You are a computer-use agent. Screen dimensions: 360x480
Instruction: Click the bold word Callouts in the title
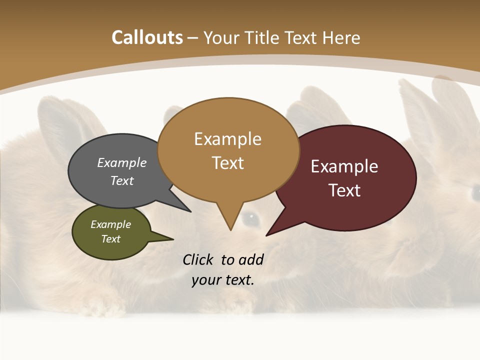(x=147, y=37)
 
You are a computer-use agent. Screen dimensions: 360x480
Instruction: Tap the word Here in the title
(x=342, y=37)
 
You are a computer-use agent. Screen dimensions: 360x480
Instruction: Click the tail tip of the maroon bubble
(x=266, y=235)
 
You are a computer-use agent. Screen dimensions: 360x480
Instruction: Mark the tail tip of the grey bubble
(x=190, y=211)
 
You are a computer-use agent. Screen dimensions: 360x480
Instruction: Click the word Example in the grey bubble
(x=122, y=162)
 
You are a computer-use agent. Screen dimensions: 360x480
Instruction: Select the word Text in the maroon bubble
(x=344, y=190)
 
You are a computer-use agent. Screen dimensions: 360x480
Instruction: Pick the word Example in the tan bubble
(x=227, y=138)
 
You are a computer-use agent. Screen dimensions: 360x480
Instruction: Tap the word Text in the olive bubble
(x=110, y=239)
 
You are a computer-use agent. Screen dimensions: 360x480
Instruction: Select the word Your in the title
(x=219, y=37)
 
